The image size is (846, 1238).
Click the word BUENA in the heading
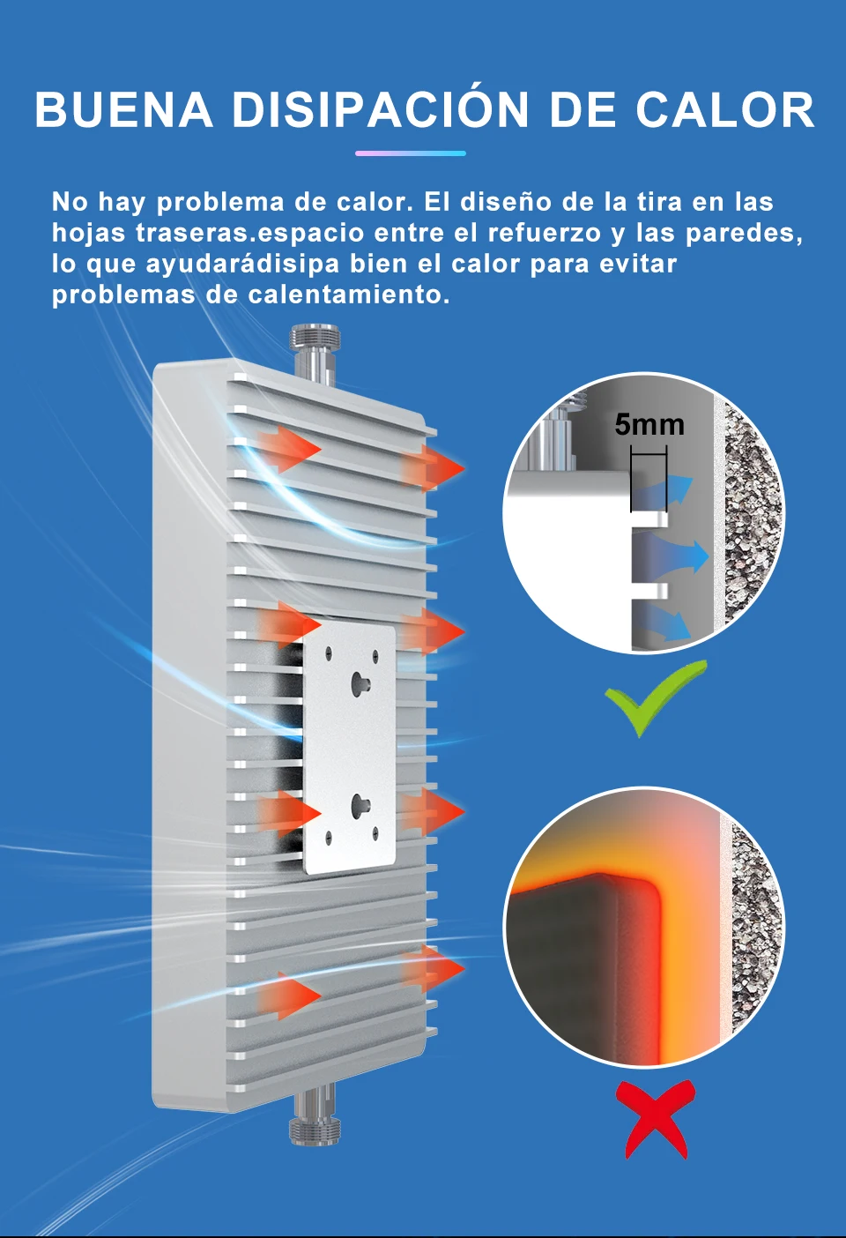click(x=123, y=110)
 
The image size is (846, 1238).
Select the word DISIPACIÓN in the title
click(x=381, y=110)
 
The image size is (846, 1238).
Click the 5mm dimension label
click(x=649, y=425)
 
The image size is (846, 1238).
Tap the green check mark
click(x=654, y=697)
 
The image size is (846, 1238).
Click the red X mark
click(x=656, y=1118)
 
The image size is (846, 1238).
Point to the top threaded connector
click(x=315, y=348)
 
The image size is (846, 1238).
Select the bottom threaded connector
click(x=315, y=1118)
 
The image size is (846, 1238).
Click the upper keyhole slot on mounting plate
click(x=360, y=681)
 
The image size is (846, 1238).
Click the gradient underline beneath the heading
click(x=410, y=153)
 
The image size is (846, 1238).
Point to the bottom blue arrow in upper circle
click(x=670, y=623)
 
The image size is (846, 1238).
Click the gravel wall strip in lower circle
click(x=754, y=926)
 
